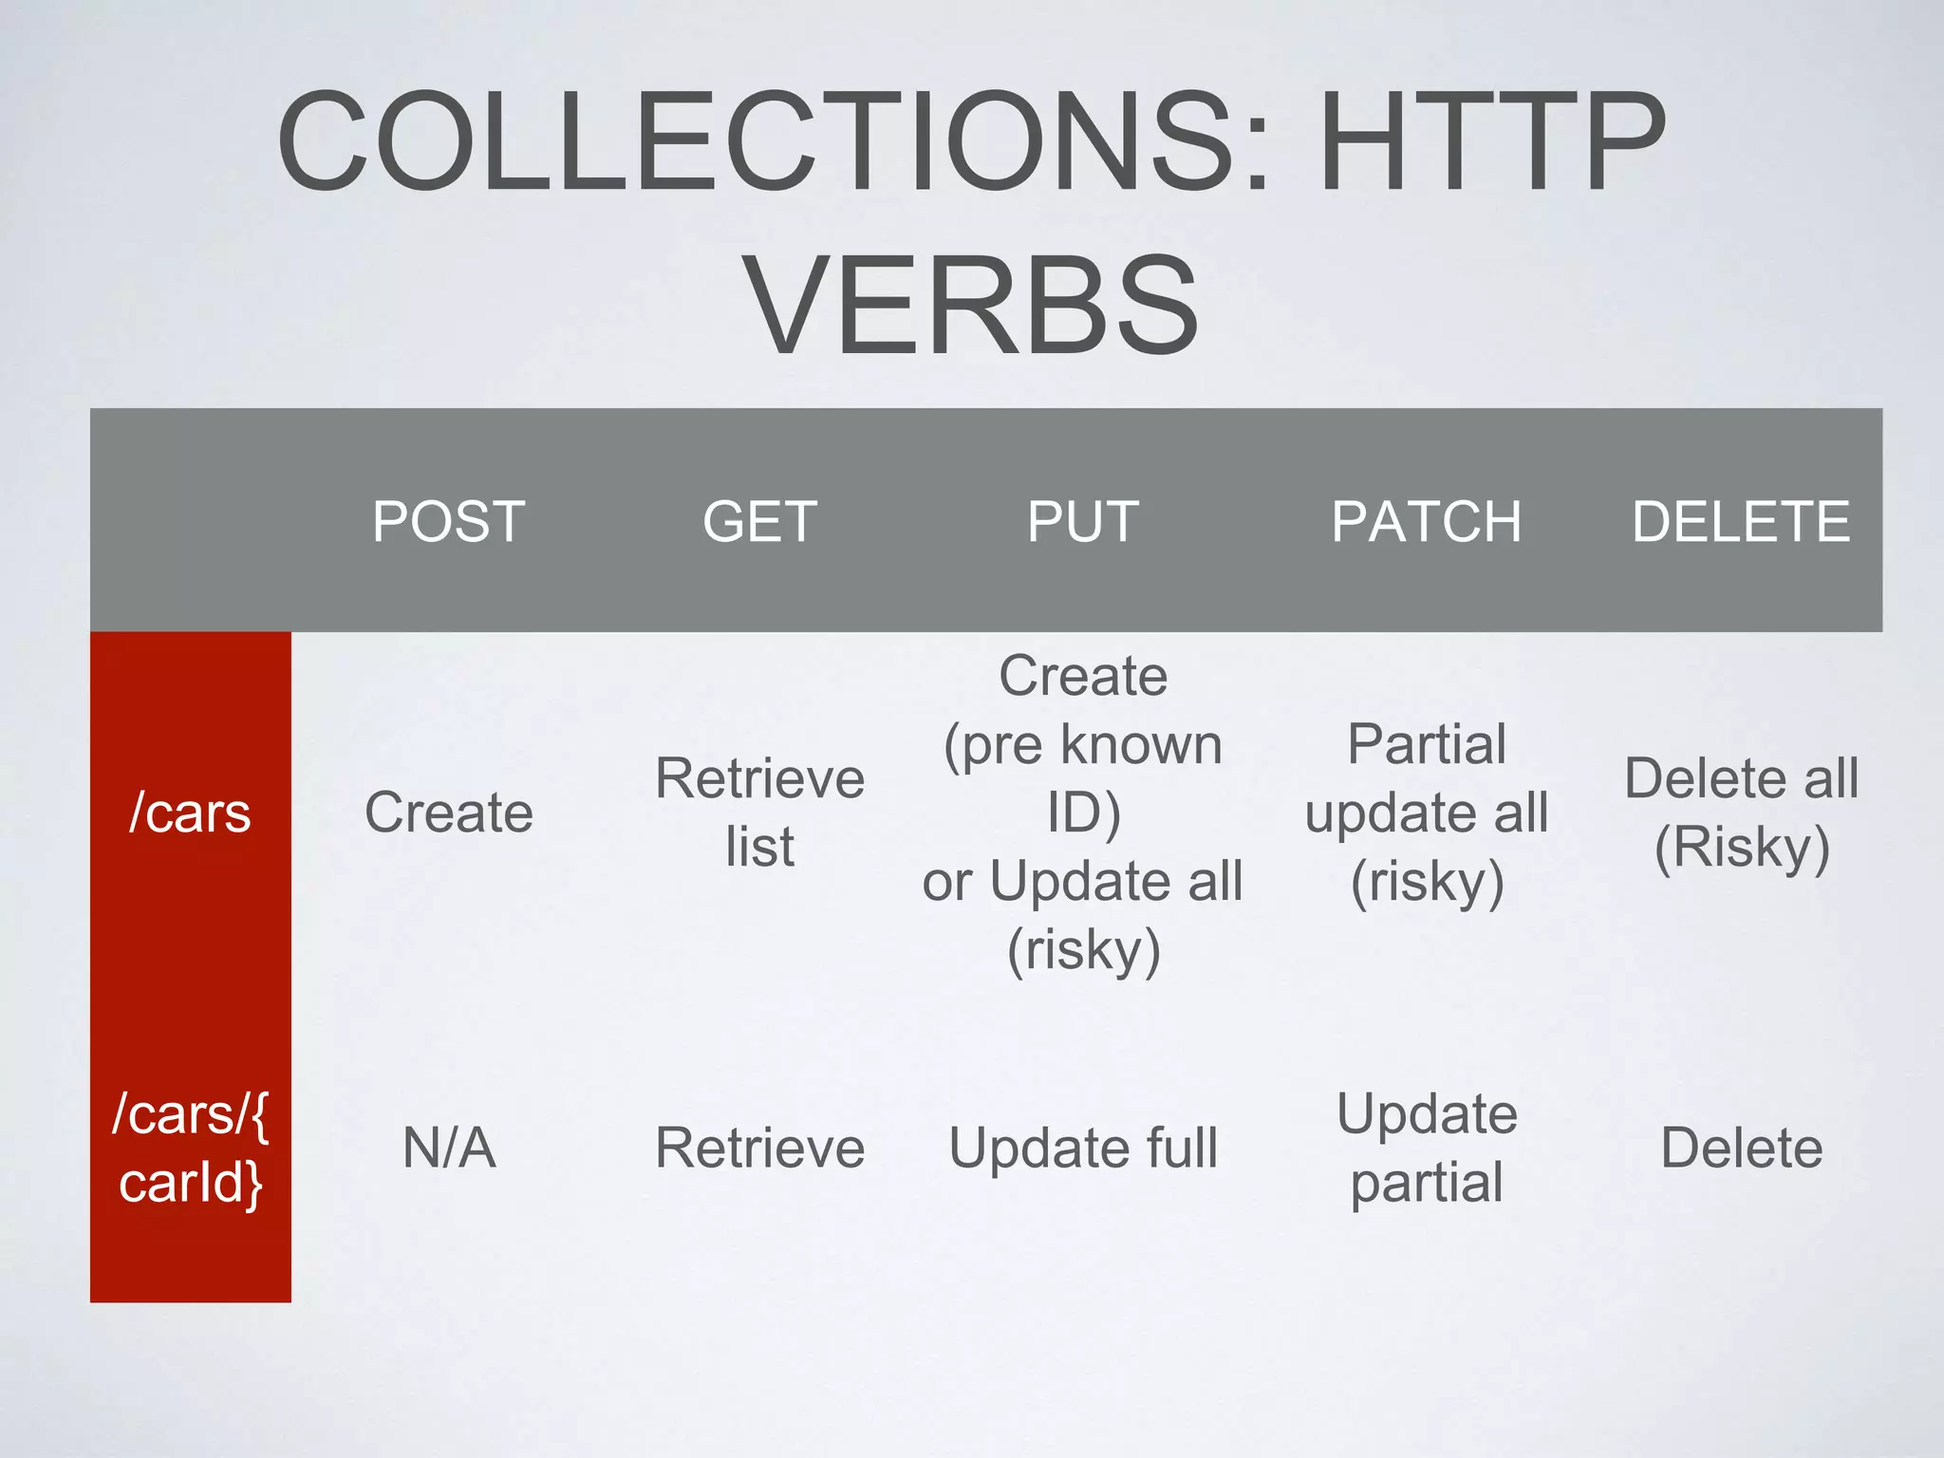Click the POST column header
[449, 521]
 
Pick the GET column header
[759, 521]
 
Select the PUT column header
[1083, 521]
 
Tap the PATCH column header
[1426, 521]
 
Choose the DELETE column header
[1741, 521]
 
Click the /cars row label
[190, 813]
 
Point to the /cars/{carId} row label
[190, 1148]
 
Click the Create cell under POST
[449, 813]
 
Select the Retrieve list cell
[759, 813]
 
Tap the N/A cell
[449, 1148]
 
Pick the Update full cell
[1083, 1148]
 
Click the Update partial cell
[1427, 1148]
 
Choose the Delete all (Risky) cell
[1741, 813]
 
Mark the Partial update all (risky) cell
[1427, 813]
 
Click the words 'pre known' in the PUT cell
[1101, 745]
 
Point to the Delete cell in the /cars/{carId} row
[1741, 1148]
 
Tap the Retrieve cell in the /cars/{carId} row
[759, 1148]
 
